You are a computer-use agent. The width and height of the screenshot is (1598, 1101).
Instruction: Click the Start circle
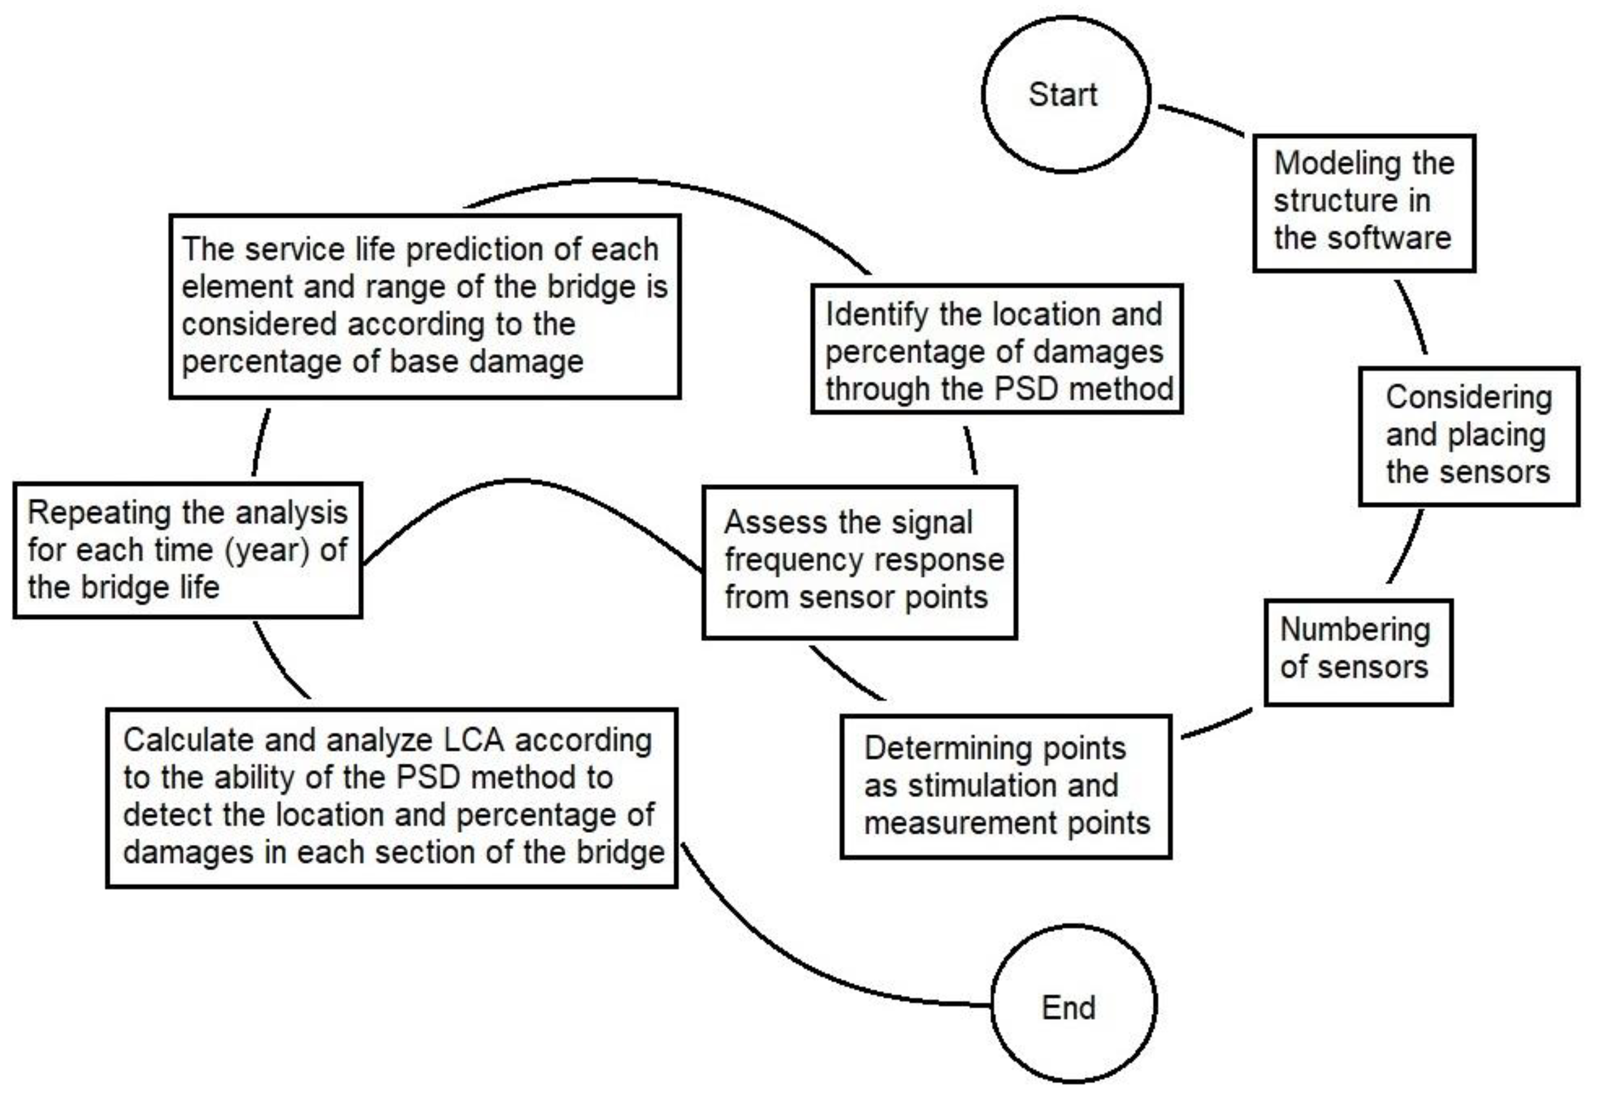(x=1065, y=95)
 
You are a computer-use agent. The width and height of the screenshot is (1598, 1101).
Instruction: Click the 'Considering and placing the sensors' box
(x=1468, y=436)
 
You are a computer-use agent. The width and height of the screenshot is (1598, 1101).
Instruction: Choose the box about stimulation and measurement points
(x=1006, y=786)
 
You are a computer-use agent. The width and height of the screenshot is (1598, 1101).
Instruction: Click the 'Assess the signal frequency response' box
(x=859, y=561)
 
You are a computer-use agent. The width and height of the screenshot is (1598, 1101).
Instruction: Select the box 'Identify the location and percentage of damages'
(x=997, y=349)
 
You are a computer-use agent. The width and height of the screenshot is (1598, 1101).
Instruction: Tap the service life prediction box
(x=425, y=306)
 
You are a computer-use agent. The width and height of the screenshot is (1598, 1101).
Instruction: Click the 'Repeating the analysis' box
(x=188, y=550)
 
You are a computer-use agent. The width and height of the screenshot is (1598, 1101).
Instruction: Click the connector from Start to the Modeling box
(x=1201, y=118)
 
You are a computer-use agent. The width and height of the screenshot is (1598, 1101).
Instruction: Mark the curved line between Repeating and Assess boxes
(x=517, y=480)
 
